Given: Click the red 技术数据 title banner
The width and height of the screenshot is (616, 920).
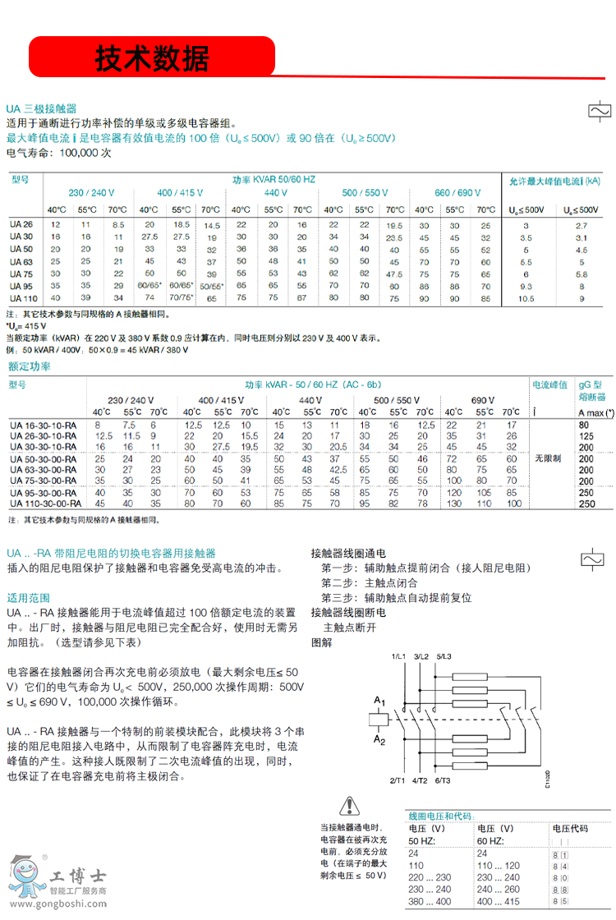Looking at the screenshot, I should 153,57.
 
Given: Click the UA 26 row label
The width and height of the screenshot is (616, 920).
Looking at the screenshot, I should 21,224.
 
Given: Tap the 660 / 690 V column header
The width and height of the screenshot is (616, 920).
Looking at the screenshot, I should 457,193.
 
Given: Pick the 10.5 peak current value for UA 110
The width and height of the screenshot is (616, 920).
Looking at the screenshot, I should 526,298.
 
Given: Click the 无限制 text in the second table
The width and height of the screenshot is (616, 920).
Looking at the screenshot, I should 549,458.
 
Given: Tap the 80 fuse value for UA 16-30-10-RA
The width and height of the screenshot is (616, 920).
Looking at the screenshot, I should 584,425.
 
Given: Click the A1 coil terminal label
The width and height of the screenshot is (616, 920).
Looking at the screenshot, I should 379,701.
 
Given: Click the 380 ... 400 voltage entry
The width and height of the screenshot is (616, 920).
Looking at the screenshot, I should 427,901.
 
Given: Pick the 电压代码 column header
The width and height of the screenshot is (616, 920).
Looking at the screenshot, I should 570,829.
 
